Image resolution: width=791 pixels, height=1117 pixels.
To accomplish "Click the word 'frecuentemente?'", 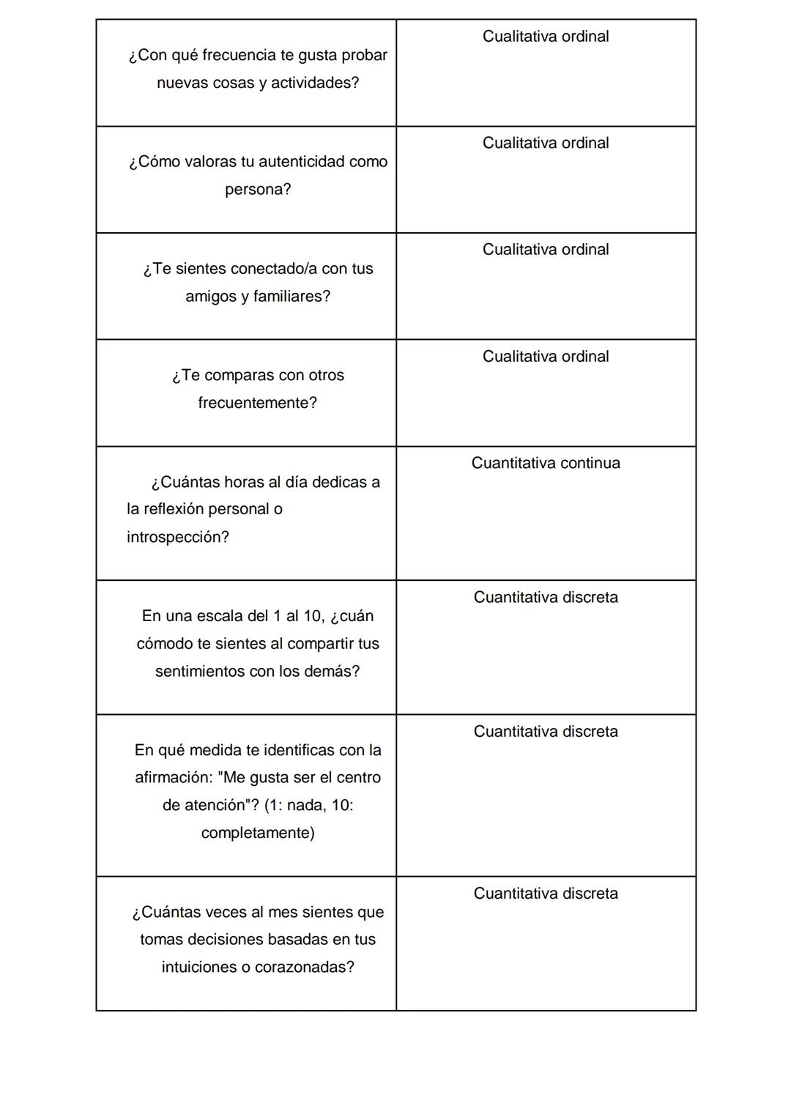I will click(x=257, y=403).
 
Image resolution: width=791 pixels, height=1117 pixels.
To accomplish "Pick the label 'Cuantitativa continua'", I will click(x=546, y=463).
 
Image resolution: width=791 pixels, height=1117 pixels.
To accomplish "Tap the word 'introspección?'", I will click(x=178, y=537).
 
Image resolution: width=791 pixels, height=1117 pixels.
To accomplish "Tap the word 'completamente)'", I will click(x=258, y=833).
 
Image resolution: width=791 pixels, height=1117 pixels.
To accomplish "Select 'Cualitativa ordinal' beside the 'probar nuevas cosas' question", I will click(x=546, y=37).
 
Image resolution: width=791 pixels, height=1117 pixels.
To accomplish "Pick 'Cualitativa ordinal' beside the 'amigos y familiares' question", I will click(x=546, y=250).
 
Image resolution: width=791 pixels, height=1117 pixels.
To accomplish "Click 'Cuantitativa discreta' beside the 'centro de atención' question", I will click(x=546, y=732).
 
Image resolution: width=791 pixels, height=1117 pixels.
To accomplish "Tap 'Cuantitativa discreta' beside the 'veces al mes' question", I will click(x=546, y=894).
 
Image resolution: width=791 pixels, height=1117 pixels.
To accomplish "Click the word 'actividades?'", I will click(x=315, y=84).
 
